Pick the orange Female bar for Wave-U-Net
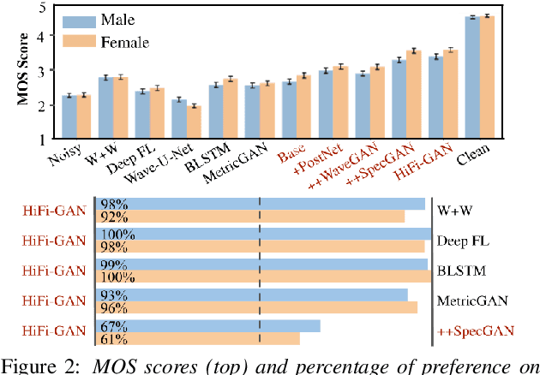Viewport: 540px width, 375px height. click(x=193, y=122)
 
